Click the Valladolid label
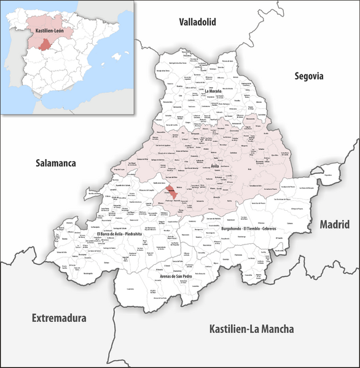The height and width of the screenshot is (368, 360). point(198,22)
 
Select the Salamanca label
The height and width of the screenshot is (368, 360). point(55,163)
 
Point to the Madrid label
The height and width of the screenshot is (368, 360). point(336,225)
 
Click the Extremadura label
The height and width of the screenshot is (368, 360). point(59,318)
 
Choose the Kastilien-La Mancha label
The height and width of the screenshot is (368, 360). point(251,329)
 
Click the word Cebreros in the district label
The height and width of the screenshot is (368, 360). point(272,229)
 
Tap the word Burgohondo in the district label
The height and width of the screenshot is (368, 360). point(219,229)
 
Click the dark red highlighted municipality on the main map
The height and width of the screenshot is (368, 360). point(172,193)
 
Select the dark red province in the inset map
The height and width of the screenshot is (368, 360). point(45,44)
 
